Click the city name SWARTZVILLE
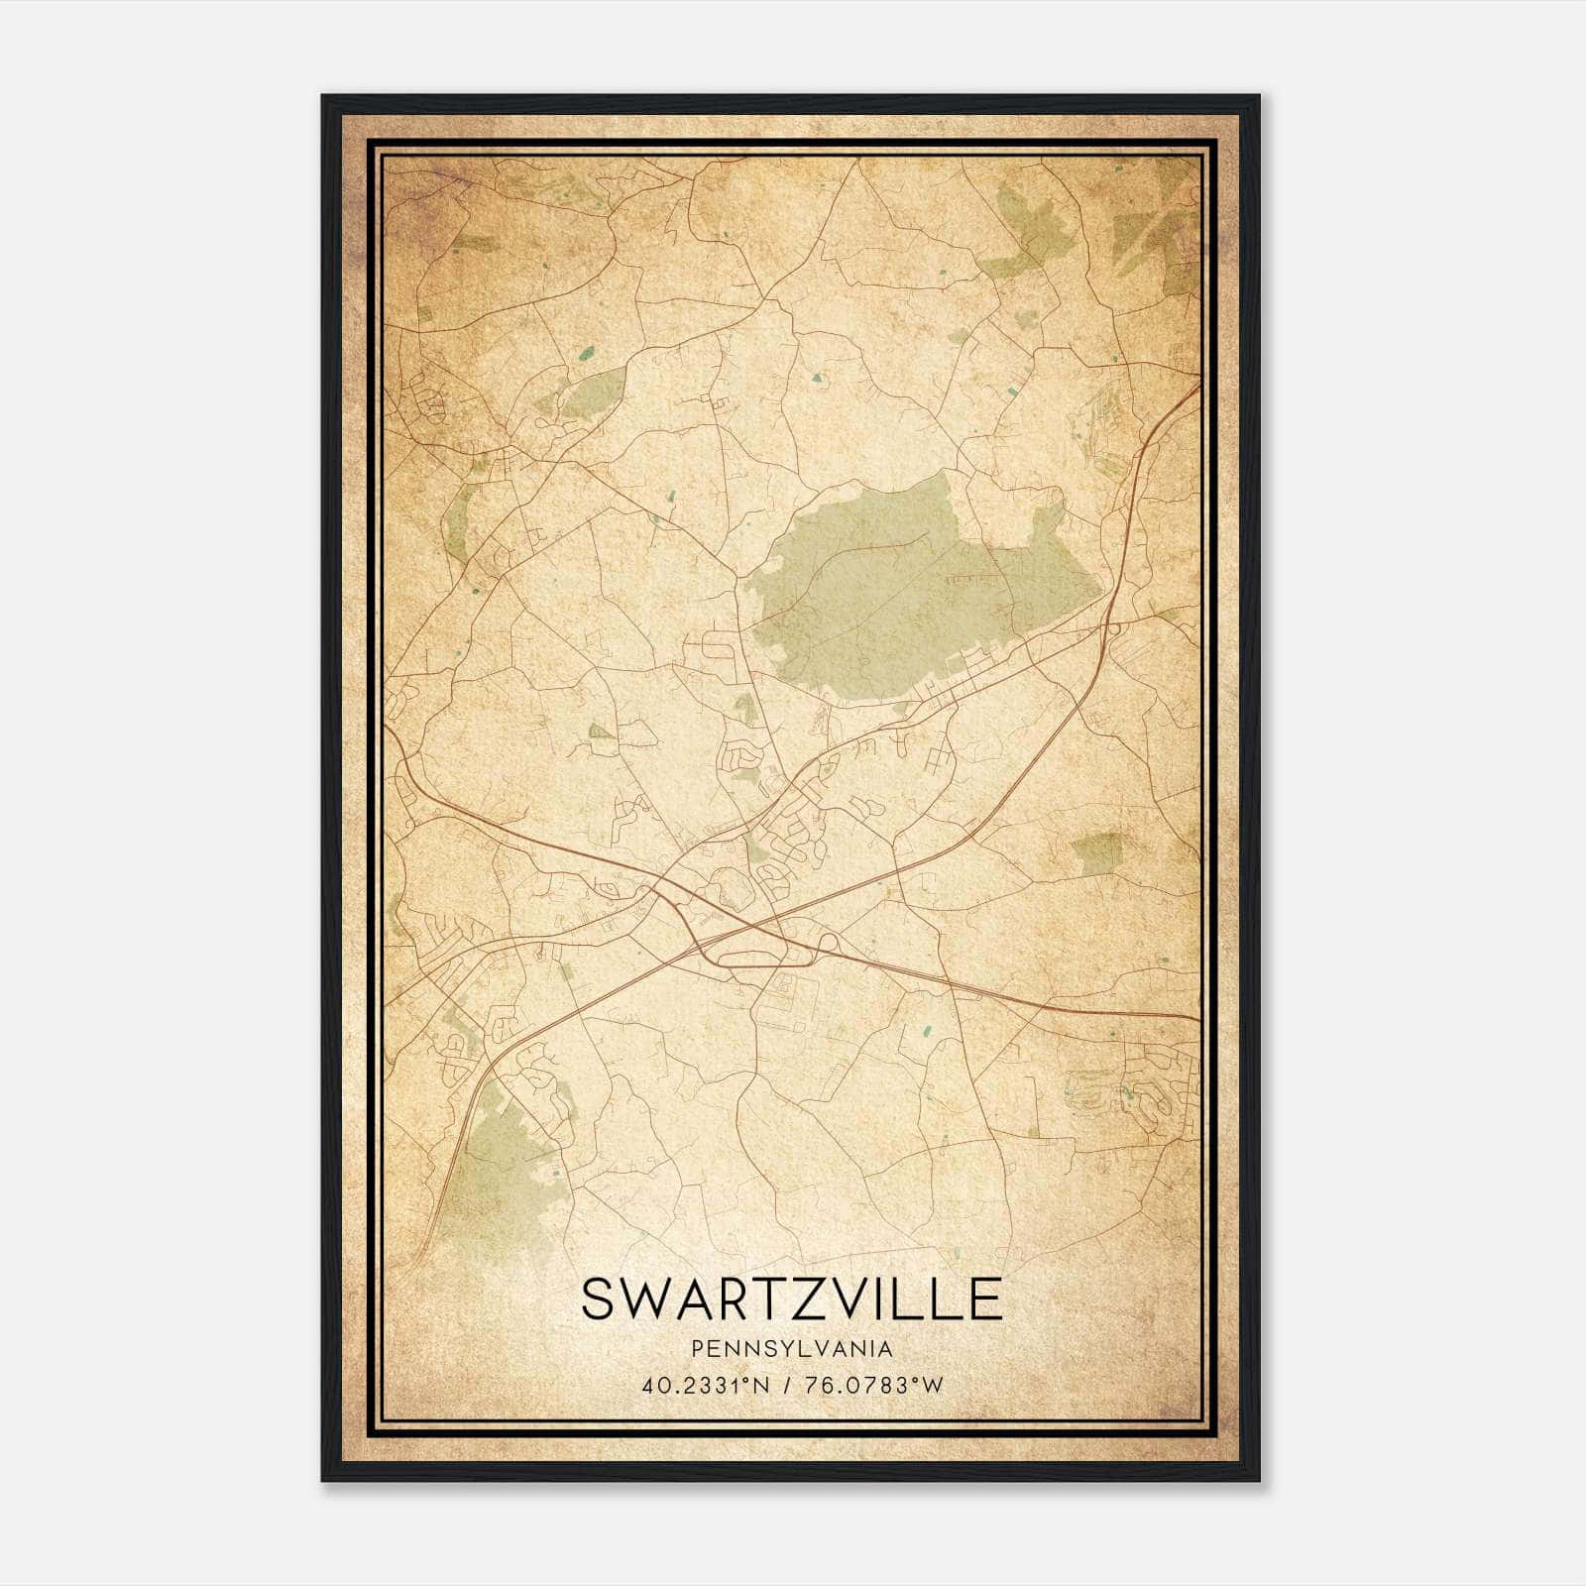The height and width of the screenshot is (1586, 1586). [x=791, y=1300]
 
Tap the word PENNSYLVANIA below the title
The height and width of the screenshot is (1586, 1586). [x=792, y=1349]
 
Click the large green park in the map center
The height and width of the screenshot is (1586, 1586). [x=892, y=595]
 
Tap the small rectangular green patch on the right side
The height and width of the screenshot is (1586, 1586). [x=1097, y=852]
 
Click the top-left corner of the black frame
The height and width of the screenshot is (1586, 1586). [x=324, y=97]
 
